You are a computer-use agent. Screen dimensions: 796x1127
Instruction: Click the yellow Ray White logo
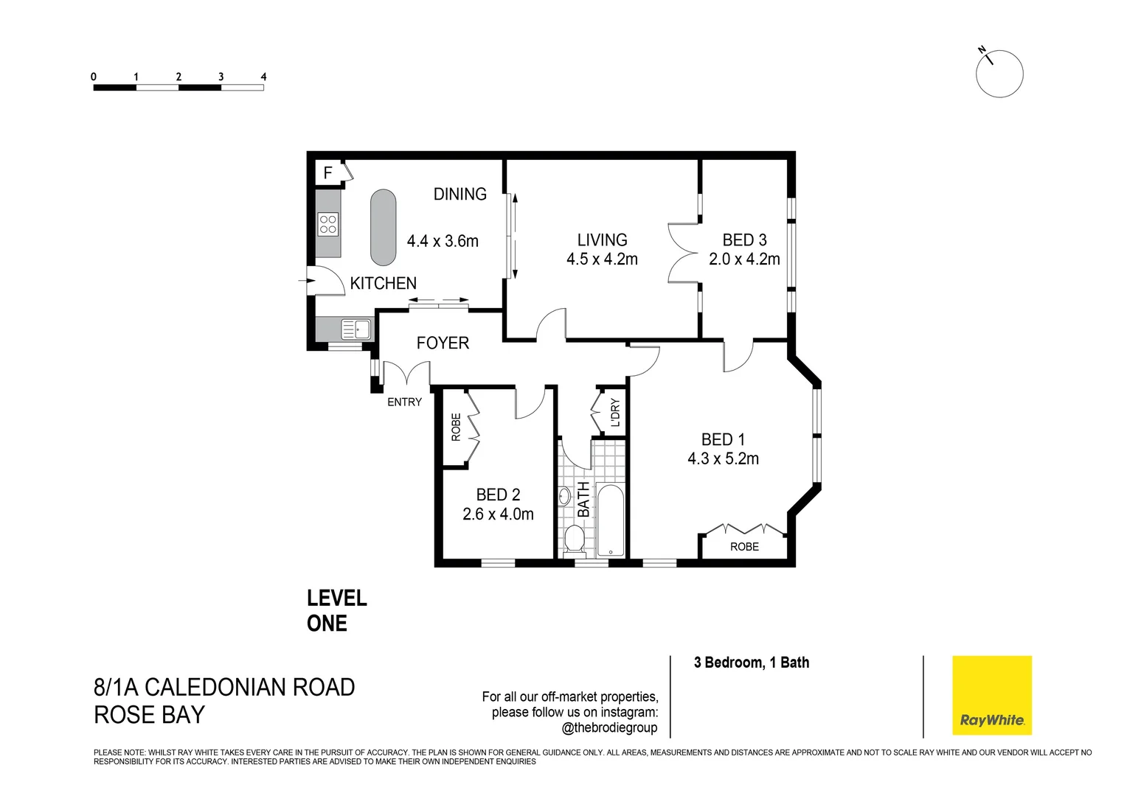tap(991, 695)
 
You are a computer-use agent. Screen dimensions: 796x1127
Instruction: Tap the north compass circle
tap(999, 74)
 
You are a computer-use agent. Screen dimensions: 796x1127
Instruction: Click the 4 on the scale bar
tap(263, 77)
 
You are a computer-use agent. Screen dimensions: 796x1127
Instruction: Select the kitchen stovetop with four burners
tap(327, 224)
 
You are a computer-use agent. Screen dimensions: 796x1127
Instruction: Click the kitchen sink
tap(356, 329)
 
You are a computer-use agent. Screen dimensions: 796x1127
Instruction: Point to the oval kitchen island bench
tap(383, 227)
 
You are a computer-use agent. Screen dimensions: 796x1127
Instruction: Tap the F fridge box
tap(328, 173)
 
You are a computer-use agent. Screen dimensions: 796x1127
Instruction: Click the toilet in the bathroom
tap(574, 540)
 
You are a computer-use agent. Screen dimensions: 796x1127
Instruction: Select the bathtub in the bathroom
tap(610, 520)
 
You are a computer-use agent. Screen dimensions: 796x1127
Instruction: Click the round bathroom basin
tap(564, 497)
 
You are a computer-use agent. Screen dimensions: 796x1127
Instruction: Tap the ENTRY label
tap(404, 402)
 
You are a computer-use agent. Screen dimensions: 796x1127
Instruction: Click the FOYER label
tap(443, 343)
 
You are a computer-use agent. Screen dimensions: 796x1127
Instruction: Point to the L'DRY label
tap(615, 413)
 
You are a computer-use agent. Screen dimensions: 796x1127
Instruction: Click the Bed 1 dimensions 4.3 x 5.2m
tap(723, 458)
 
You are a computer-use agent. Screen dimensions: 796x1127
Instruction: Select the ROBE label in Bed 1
tap(744, 547)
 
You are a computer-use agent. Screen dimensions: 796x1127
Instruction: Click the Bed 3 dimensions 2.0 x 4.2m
tap(744, 259)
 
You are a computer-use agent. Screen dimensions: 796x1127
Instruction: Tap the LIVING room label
tap(602, 240)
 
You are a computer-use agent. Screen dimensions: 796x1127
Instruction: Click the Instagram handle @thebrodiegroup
tap(609, 728)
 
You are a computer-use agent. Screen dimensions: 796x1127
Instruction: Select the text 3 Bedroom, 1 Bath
tap(751, 663)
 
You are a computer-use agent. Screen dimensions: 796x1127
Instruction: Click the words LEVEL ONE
tap(337, 611)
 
